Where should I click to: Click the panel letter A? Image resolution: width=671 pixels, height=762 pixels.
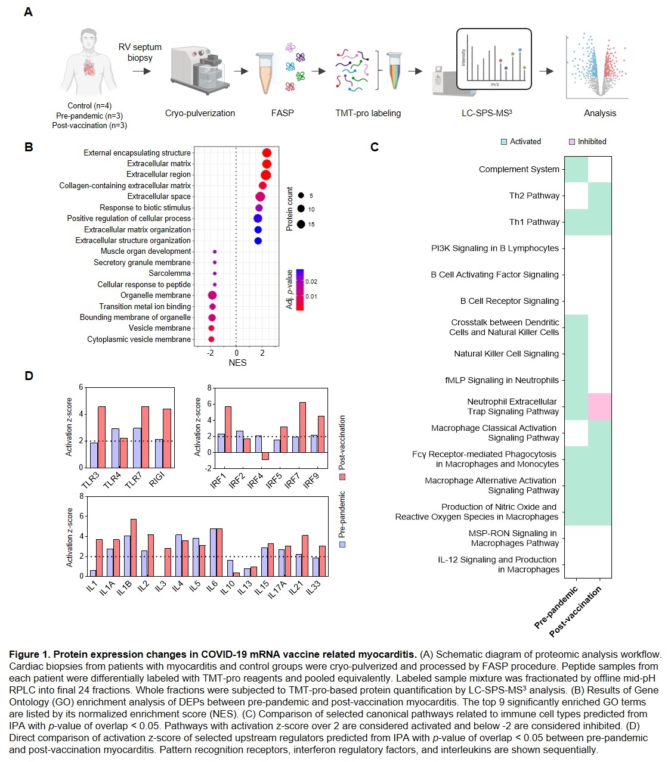pos(28,12)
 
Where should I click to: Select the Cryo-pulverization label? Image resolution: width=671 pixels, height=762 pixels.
pos(200,113)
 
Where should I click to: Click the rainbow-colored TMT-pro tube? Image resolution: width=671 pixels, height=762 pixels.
pos(394,71)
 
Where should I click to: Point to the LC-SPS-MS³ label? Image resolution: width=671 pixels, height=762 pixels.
pos(487,113)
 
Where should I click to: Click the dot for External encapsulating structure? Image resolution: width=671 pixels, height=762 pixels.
pos(267,153)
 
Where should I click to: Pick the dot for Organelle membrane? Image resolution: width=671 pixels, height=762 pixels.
pos(212,296)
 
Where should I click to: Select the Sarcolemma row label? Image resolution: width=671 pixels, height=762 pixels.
pos(169,273)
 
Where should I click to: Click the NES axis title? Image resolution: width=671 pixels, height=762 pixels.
pos(237,363)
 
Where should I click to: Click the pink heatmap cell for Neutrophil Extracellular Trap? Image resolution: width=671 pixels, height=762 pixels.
pos(599,406)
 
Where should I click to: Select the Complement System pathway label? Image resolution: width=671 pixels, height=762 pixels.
pos(519,169)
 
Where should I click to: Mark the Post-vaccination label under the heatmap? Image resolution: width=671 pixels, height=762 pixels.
pos(576,611)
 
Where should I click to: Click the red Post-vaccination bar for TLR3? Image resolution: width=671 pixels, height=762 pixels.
pos(101,437)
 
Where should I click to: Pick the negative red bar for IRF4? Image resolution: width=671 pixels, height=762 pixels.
pos(265,456)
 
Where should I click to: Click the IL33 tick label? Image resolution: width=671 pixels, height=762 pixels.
pos(313,587)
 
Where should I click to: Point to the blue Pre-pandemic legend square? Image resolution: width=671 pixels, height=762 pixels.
pos(342,544)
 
